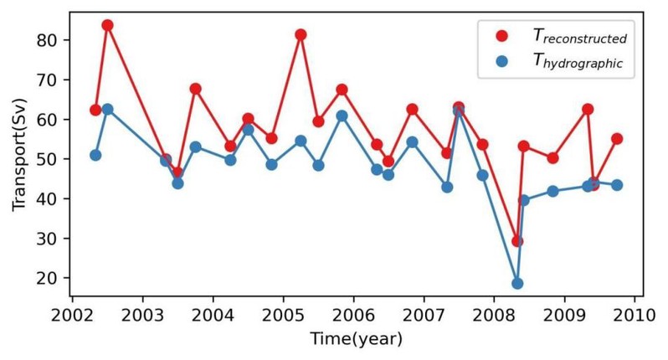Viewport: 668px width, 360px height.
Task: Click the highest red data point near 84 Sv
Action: [x=107, y=25]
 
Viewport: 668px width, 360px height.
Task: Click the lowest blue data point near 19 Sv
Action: [x=517, y=283]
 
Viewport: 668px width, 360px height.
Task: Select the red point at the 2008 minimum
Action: [x=517, y=241]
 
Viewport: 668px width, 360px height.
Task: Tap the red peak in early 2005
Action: [x=301, y=35]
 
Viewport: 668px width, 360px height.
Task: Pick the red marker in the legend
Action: [x=501, y=36]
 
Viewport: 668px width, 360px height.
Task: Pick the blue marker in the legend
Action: [x=501, y=60]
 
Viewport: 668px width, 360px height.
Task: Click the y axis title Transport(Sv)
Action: [x=19, y=159]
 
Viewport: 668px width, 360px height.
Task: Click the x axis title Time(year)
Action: [x=356, y=339]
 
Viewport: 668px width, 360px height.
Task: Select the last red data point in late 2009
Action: [x=617, y=139]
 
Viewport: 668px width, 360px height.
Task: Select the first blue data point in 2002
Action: [x=95, y=155]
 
